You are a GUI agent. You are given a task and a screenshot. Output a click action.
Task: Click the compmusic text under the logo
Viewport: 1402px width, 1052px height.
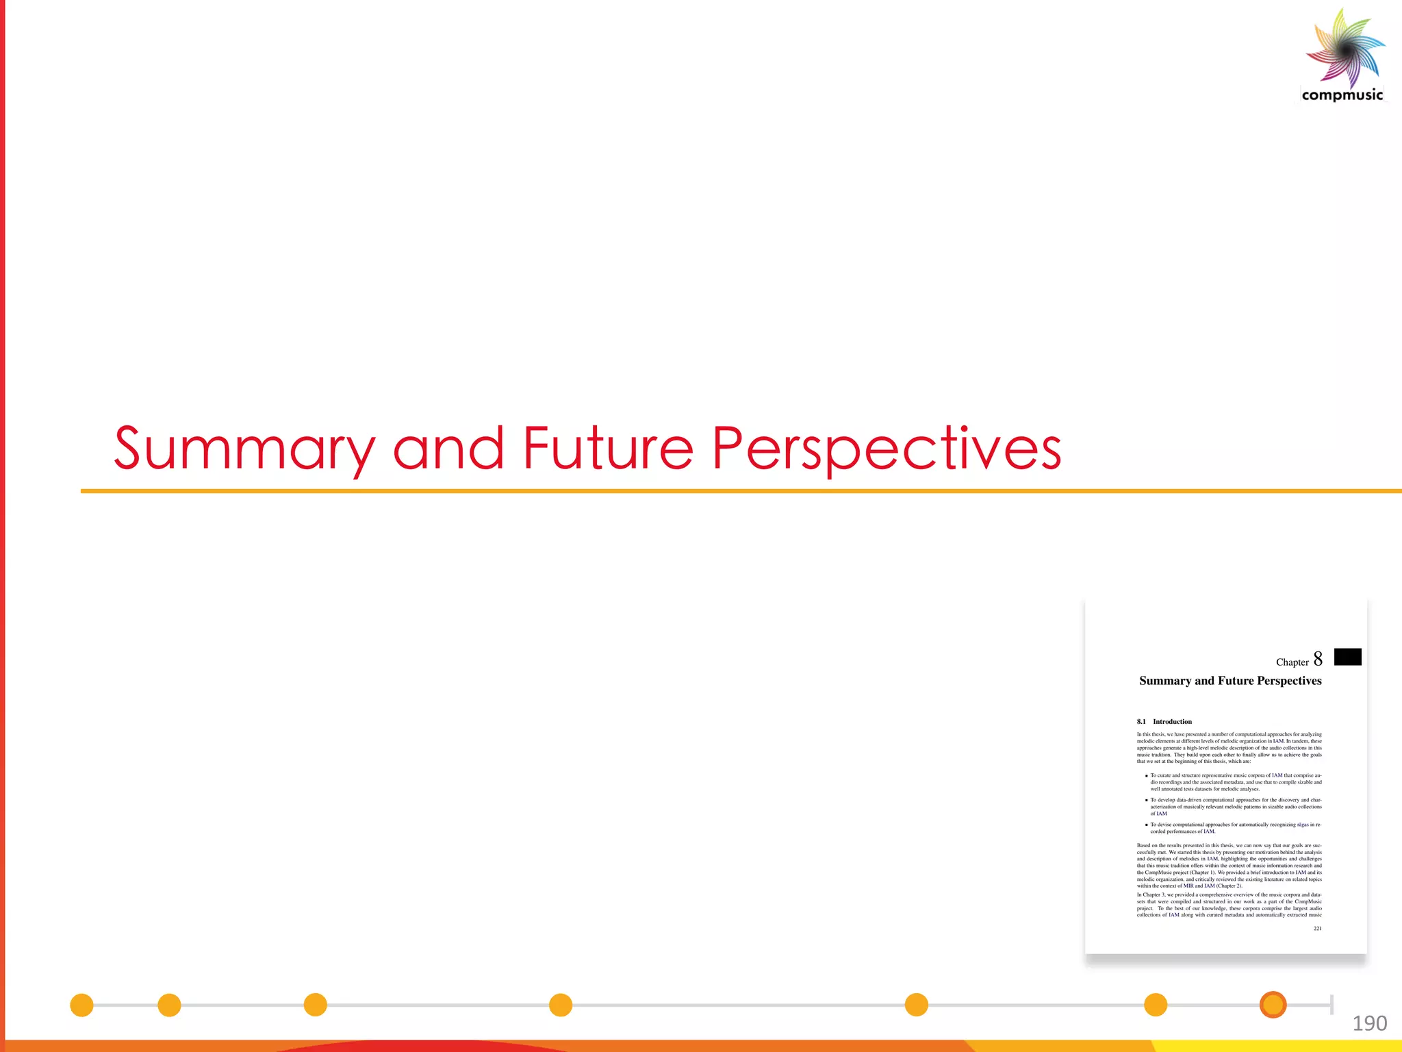1342,95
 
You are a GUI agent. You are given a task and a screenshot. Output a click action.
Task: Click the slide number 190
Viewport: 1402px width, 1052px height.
1369,1023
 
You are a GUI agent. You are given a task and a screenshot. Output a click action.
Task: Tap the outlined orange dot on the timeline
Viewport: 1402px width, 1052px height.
1273,1005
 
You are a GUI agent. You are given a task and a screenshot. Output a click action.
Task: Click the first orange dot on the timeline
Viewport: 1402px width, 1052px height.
81,1005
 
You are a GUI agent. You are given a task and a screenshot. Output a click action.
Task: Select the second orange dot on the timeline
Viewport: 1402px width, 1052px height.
169,1005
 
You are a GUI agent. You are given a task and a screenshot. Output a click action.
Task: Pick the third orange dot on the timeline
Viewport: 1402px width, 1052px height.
315,1005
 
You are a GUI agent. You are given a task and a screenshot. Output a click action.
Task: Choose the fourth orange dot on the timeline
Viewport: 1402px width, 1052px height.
560,1005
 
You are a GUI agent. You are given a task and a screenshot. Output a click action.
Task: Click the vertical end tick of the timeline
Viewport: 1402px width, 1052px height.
1331,1005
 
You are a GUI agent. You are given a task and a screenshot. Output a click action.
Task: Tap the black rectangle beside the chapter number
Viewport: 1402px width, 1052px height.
1347,657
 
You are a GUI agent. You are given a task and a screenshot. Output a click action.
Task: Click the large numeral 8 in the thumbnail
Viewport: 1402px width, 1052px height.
1318,659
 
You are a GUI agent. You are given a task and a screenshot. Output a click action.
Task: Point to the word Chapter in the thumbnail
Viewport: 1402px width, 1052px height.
1292,662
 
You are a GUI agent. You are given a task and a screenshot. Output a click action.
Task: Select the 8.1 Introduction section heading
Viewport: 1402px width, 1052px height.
1164,722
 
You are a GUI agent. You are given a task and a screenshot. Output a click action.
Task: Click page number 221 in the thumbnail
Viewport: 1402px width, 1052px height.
1317,929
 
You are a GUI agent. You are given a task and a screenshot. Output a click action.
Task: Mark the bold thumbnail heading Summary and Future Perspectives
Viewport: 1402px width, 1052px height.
1230,681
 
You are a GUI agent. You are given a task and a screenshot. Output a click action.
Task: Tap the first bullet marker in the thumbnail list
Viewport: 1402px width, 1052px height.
1147,776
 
